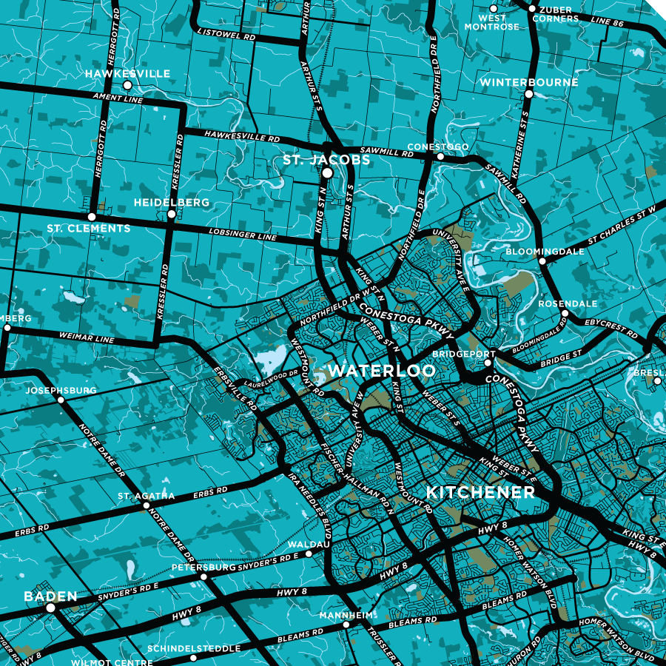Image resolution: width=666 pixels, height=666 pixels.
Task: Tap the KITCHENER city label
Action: click(480, 493)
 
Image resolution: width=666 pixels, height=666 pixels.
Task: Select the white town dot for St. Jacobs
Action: click(327, 172)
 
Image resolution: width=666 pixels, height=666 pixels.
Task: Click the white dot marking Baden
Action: click(51, 608)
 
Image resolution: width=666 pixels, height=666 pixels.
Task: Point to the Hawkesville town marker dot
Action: click(127, 86)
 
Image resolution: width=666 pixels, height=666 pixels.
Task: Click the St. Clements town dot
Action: click(92, 217)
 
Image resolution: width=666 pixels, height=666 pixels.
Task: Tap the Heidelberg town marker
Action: click(172, 214)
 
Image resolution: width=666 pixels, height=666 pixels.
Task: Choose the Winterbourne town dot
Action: click(528, 94)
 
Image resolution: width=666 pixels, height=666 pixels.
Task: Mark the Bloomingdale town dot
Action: click(542, 261)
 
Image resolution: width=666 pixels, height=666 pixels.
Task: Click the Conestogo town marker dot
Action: click(440, 156)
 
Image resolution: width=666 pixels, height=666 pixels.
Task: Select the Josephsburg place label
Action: click(61, 390)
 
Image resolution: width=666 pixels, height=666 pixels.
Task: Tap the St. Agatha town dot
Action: click(146, 506)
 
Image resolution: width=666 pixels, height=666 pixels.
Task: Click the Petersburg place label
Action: click(203, 568)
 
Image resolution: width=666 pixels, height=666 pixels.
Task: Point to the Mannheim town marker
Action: click(346, 625)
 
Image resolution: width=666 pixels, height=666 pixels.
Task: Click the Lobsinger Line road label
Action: click(242, 235)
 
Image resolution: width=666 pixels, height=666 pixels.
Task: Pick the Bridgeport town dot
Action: click(488, 363)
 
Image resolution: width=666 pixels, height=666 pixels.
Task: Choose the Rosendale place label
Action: click(568, 303)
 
